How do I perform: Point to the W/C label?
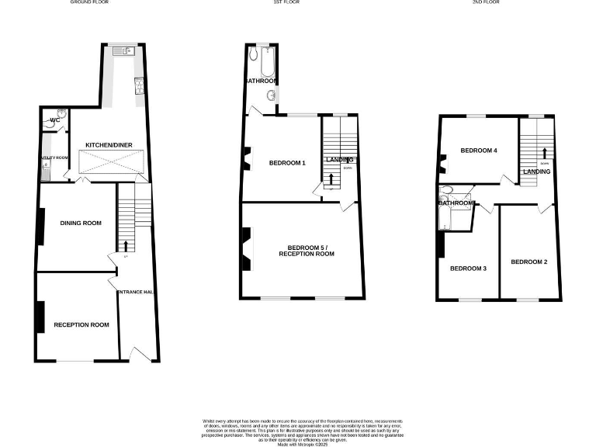tap(55, 120)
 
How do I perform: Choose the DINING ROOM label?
tap(81, 223)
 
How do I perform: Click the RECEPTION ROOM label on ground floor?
tap(81, 324)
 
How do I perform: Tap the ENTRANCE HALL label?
tap(137, 292)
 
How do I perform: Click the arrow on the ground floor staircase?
tap(126, 245)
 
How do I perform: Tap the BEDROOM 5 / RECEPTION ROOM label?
tap(306, 250)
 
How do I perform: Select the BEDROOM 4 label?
tap(478, 151)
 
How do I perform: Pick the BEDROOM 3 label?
tap(469, 269)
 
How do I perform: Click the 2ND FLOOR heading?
tap(508, 3)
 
